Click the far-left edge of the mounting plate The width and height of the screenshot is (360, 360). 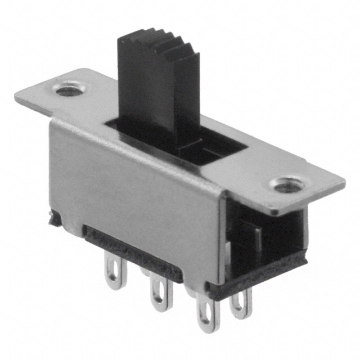coord(18,98)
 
